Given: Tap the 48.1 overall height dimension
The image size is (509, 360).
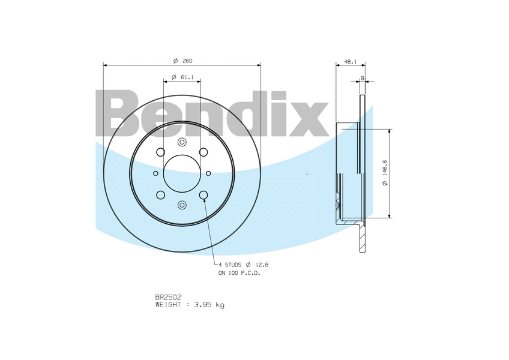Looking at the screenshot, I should point(351,61).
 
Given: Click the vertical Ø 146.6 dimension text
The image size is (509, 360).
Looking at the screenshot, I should point(385,173).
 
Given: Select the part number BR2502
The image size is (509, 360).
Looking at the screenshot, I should point(168,297).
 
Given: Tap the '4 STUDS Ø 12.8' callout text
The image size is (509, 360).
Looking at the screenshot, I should point(242,264).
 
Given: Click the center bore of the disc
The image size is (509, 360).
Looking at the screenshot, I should point(182,173).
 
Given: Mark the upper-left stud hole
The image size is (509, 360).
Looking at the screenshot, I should point(160,152).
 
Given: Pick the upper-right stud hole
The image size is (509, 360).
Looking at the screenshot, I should point(203,152).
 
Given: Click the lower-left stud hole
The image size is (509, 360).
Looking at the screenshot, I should point(160,195).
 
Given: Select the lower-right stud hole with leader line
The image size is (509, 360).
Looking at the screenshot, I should point(203,195).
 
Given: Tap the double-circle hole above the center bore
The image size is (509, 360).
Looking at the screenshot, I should point(182,142).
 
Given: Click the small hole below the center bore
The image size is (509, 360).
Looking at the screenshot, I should point(182,205).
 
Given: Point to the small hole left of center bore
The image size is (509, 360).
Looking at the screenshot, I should point(155,173).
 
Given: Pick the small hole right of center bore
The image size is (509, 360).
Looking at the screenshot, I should point(208,173).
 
